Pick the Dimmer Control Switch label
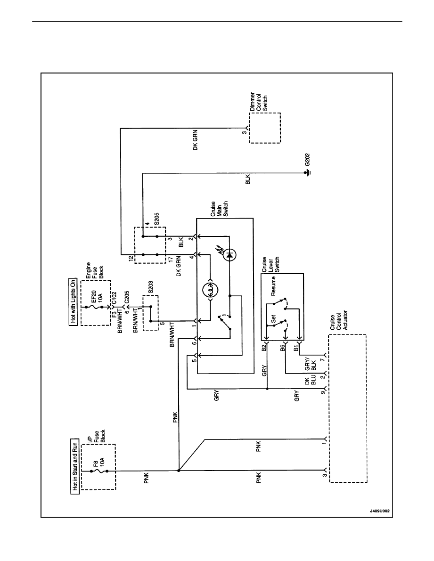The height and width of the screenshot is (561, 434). tap(259, 106)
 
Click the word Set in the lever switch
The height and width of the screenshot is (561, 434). tap(273, 319)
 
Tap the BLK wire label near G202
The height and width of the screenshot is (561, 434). tap(248, 179)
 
